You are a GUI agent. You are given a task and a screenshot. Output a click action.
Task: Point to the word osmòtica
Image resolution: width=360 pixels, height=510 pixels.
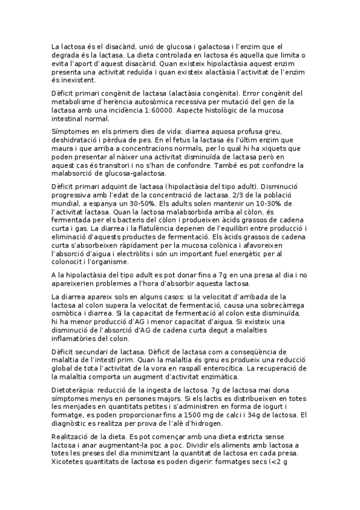pyautogui.click(x=69, y=313)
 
